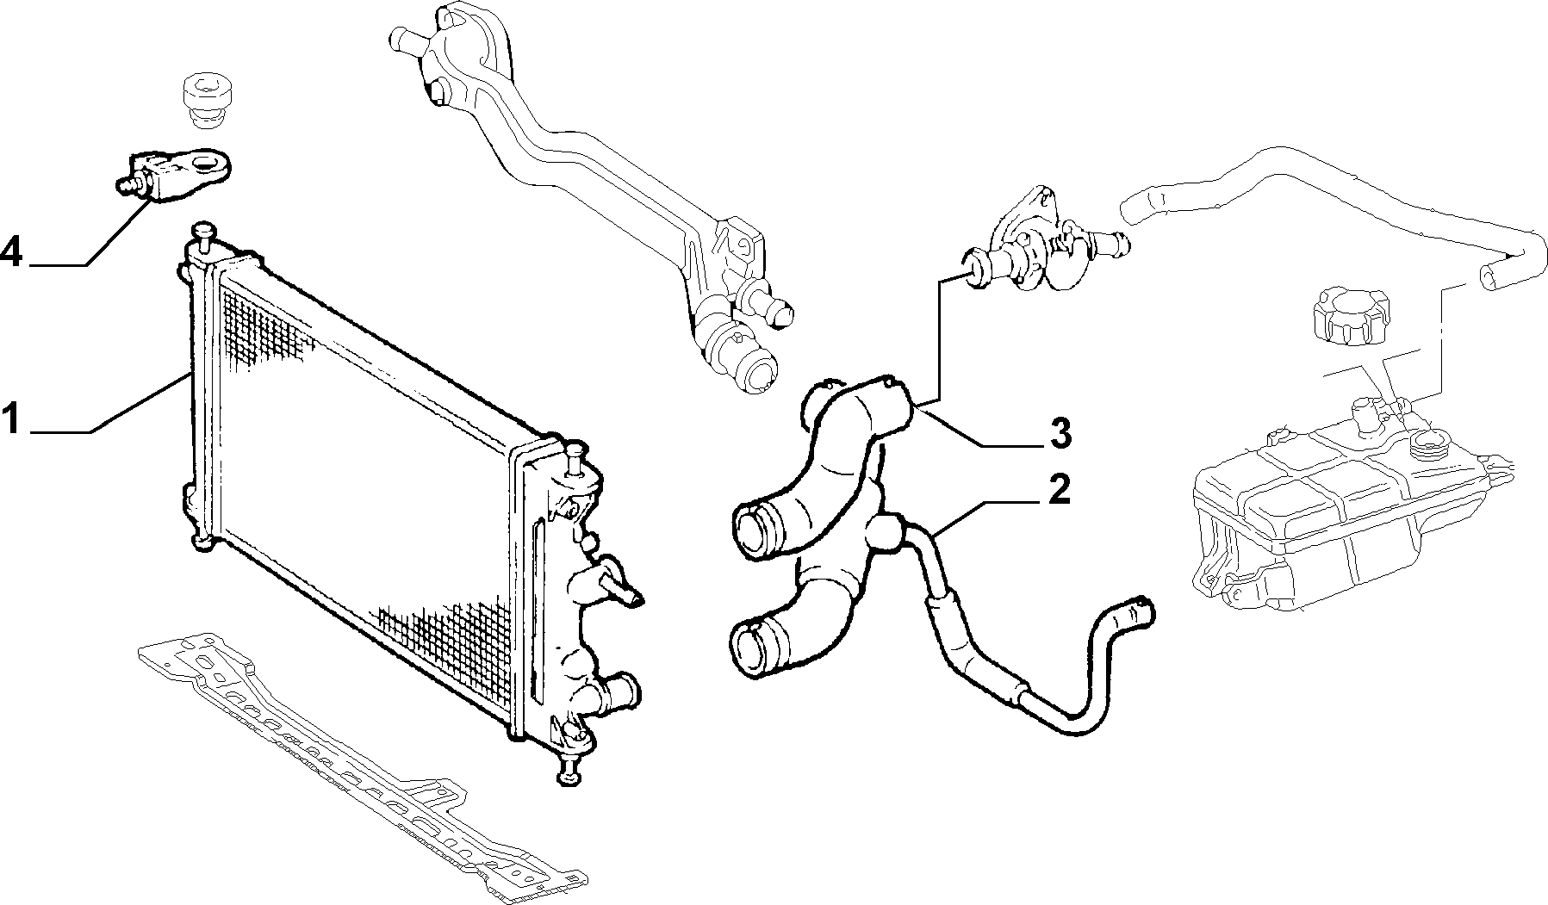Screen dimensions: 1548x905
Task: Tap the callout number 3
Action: (x=1060, y=433)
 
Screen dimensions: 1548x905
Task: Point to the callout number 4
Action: (x=12, y=252)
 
